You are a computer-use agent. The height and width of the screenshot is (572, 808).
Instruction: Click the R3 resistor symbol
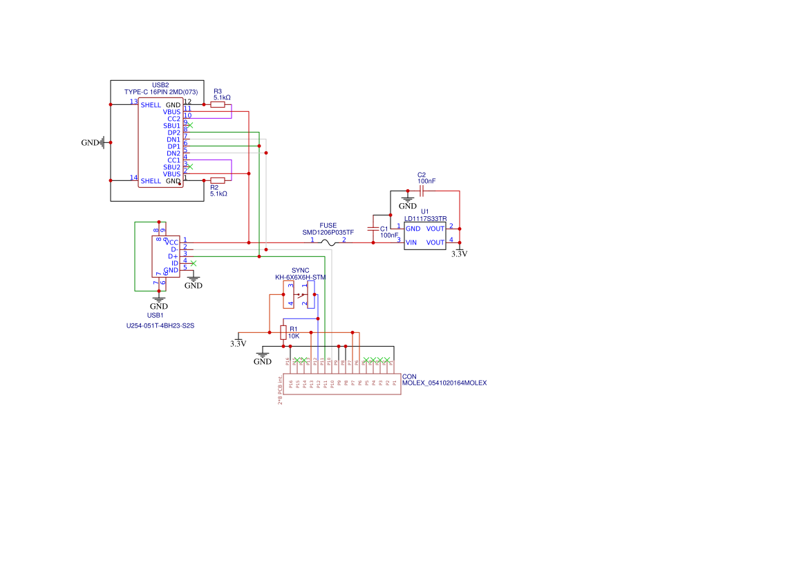click(x=218, y=104)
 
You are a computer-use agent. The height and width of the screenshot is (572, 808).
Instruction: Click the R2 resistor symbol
click(x=218, y=180)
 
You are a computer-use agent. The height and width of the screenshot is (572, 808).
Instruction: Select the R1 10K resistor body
click(x=283, y=332)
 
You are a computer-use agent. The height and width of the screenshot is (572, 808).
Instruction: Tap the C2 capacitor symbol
click(x=422, y=191)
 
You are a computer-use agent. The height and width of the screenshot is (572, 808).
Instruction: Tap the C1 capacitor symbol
click(x=374, y=229)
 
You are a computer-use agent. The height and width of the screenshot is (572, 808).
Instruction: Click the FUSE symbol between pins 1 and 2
click(x=328, y=242)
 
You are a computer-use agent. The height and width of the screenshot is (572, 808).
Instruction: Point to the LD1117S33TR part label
click(x=425, y=219)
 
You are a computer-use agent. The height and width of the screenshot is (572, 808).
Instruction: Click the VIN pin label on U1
click(x=411, y=242)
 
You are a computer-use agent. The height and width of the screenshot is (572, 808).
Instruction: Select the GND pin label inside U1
click(x=413, y=229)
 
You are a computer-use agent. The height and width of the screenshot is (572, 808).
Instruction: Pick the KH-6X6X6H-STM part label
click(x=300, y=277)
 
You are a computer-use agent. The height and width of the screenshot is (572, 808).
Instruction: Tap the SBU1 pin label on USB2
click(x=171, y=126)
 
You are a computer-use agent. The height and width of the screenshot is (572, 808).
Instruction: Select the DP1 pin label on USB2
click(x=173, y=146)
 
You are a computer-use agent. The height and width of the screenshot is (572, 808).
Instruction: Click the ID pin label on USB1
click(x=174, y=263)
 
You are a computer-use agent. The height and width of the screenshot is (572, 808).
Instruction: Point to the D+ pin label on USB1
click(x=173, y=256)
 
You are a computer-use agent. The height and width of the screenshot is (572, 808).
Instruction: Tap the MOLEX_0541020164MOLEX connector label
click(x=444, y=383)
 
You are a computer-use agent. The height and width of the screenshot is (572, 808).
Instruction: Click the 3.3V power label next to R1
click(x=238, y=343)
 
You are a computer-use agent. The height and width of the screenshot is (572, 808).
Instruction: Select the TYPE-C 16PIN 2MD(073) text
click(x=161, y=92)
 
